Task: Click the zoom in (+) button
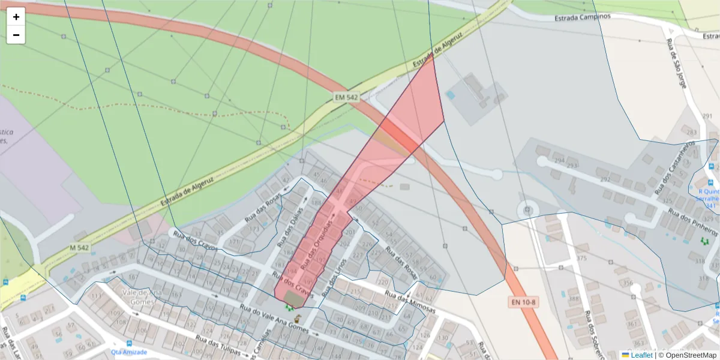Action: (16, 17)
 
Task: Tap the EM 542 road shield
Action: (346, 97)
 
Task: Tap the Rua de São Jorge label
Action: (676, 63)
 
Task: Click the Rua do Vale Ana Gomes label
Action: (274, 319)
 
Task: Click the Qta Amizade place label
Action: (129, 352)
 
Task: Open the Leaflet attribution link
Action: (641, 355)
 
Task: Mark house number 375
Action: (581, 259)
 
